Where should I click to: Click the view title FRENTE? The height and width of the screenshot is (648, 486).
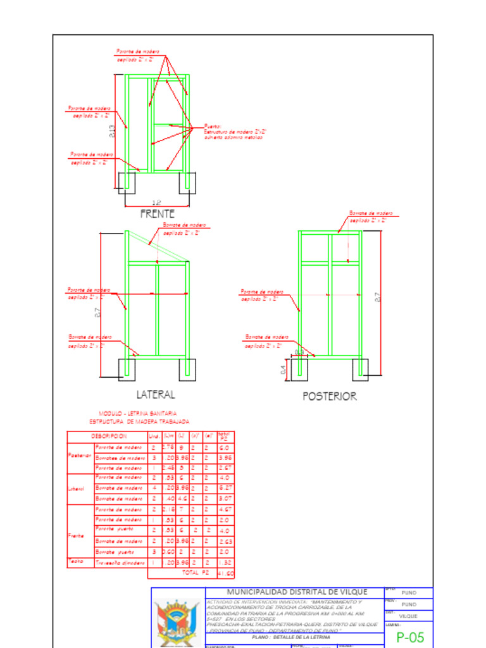(x=157, y=214)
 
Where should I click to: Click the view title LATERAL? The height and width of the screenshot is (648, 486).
(x=156, y=395)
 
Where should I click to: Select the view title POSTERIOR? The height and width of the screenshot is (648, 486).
(x=329, y=397)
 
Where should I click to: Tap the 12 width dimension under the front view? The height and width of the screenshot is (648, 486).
(x=158, y=202)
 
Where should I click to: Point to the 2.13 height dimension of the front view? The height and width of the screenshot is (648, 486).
(x=112, y=131)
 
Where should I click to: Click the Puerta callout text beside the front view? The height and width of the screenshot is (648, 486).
(x=233, y=131)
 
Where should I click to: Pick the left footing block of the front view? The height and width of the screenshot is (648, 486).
(x=127, y=182)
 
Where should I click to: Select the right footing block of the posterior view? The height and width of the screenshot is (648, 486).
(x=360, y=370)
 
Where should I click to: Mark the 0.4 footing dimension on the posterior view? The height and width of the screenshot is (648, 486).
(x=283, y=369)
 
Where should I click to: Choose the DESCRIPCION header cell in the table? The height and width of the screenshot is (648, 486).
(x=108, y=436)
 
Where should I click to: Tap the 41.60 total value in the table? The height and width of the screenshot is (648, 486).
(x=225, y=573)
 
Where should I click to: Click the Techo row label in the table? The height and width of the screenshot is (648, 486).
(x=75, y=561)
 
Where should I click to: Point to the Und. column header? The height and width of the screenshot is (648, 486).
(x=154, y=436)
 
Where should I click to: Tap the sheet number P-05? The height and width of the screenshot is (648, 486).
(x=410, y=637)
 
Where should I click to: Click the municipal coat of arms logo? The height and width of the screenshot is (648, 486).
(x=178, y=623)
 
